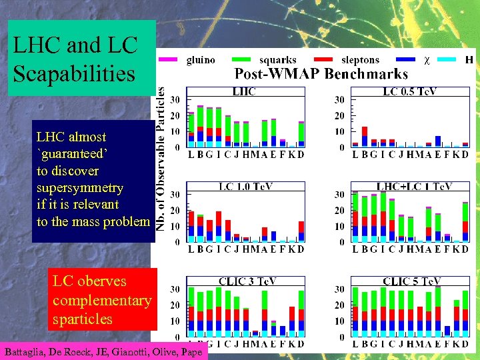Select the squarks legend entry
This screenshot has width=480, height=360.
[277, 60]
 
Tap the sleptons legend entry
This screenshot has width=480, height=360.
[360, 60]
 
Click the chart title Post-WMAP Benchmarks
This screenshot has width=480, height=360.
[321, 74]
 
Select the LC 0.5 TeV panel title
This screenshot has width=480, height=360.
[409, 91]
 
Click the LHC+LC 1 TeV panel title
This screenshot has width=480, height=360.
[414, 187]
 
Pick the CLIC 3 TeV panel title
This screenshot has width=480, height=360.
[245, 281]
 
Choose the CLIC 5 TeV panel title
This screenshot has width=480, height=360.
[411, 281]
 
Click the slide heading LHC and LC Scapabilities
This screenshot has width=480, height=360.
[75, 59]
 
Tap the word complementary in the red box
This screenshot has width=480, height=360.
[101, 301]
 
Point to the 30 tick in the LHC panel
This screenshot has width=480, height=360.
[175, 100]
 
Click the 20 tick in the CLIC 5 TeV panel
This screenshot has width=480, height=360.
[339, 305]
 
